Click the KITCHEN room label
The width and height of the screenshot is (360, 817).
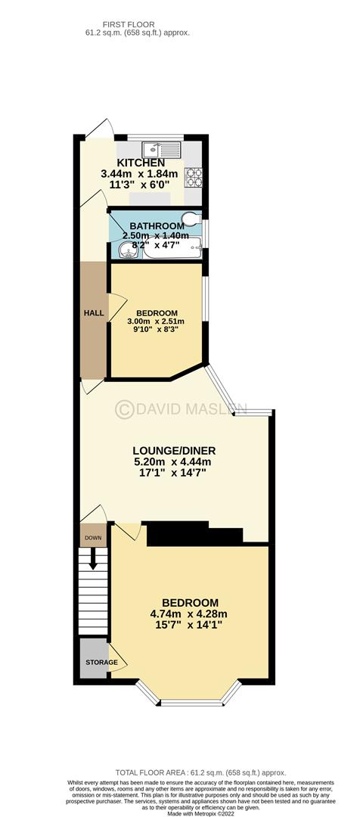click(141, 163)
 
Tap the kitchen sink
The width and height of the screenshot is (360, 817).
click(163, 150)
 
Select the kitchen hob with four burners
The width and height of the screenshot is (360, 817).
click(194, 176)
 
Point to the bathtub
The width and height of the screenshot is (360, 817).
click(172, 249)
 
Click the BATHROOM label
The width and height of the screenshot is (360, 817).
click(157, 226)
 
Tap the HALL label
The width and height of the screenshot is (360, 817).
click(94, 313)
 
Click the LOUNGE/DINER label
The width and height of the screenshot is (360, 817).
click(174, 451)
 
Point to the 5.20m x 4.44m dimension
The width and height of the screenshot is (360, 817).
click(174, 461)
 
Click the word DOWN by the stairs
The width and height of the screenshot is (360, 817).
click(94, 538)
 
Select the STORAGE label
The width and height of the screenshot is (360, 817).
click(99, 662)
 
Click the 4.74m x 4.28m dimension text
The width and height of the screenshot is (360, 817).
click(188, 614)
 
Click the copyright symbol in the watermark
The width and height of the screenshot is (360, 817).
click(124, 409)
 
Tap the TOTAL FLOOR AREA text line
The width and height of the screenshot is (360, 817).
click(200, 772)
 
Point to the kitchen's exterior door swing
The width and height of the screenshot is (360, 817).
click(101, 128)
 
